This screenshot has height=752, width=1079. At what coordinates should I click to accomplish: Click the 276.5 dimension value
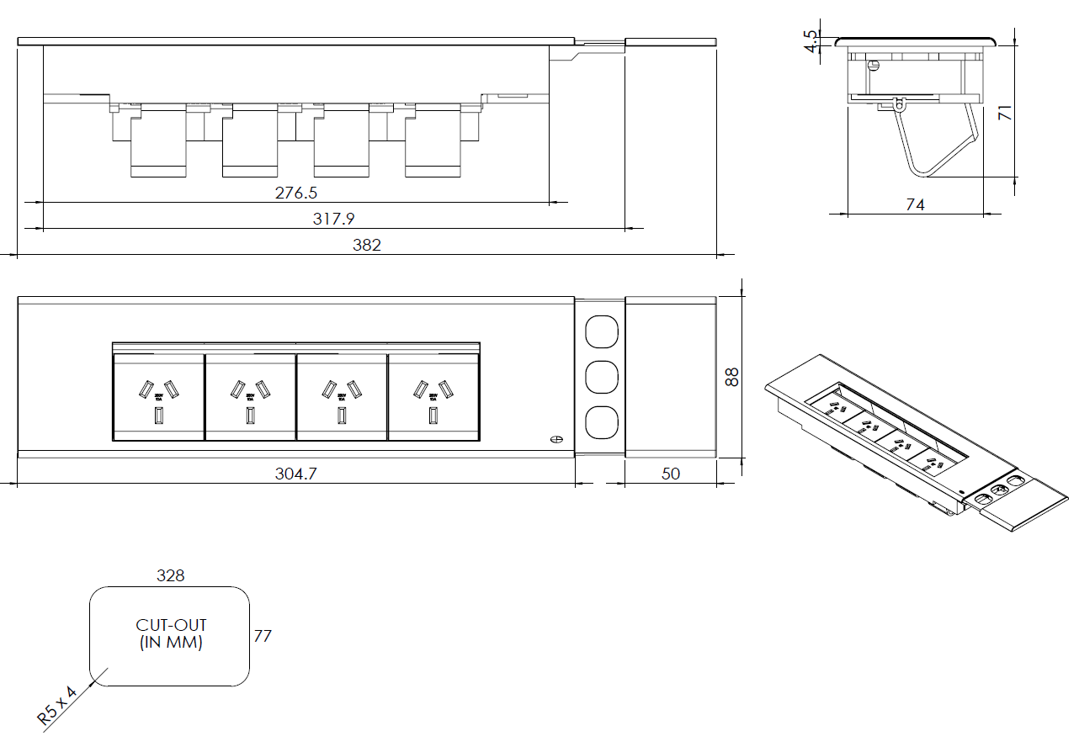296,193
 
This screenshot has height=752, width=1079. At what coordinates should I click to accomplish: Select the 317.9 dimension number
334,219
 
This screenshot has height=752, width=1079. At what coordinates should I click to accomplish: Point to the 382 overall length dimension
367,245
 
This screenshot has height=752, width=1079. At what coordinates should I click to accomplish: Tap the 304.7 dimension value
295,474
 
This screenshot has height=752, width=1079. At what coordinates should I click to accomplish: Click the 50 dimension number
670,474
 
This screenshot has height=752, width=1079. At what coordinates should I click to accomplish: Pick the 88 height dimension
732,377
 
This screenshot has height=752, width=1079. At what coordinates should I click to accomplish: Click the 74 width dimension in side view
915,204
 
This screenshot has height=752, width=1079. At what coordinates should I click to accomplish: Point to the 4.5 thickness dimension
811,41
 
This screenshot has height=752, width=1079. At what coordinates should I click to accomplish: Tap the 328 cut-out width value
170,576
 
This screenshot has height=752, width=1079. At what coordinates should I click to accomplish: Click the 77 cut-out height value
263,636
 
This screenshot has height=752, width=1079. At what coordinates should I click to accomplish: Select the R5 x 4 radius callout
57,705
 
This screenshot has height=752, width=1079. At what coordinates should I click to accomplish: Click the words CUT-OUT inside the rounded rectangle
171,626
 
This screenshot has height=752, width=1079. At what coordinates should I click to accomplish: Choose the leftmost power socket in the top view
158,397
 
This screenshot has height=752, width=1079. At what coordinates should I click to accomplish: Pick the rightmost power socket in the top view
433,397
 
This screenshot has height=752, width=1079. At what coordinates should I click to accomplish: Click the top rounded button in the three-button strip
600,331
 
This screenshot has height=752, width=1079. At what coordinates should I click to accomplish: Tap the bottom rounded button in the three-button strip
600,422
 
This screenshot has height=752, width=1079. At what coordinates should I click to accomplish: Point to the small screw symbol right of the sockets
555,439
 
